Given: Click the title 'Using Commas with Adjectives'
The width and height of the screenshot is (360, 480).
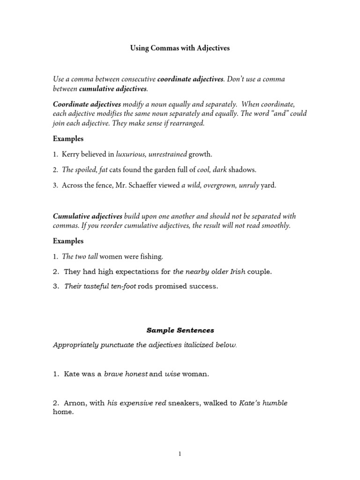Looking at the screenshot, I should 180,48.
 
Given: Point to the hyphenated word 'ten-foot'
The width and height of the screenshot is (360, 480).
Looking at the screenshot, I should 123,286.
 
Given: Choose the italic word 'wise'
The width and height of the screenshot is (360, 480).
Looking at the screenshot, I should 172,374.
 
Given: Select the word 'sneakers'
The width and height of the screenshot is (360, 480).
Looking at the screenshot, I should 184,403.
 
